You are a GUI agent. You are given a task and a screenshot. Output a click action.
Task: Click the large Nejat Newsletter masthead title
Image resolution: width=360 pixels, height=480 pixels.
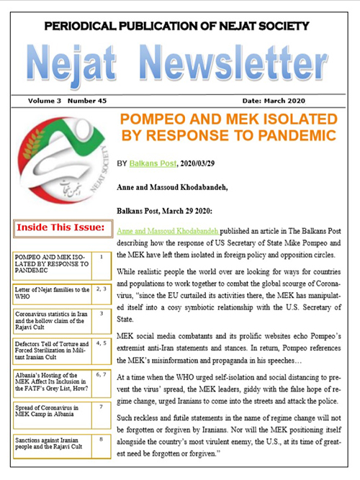[180, 66]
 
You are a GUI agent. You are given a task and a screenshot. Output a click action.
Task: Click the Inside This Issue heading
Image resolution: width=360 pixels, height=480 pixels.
[56, 229]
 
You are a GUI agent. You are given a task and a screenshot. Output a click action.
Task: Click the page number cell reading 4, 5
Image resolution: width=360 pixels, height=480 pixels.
[102, 344]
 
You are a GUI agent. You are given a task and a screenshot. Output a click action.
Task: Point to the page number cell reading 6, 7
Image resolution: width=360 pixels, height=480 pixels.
[102, 376]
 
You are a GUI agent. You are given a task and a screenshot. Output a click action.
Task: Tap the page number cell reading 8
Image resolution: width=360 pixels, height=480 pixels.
[102, 439]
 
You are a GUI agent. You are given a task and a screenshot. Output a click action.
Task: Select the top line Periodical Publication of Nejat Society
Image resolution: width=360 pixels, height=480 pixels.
[180, 27]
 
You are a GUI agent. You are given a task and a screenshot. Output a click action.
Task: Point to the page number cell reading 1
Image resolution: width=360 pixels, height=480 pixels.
[102, 255]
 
